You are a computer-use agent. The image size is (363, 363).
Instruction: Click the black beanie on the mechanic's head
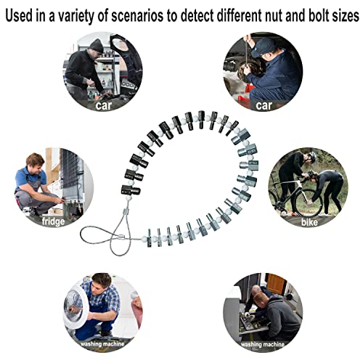[96, 45]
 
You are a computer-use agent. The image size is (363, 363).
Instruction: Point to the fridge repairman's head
[34, 160]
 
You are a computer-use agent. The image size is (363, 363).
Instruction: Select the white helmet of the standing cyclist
[309, 156]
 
